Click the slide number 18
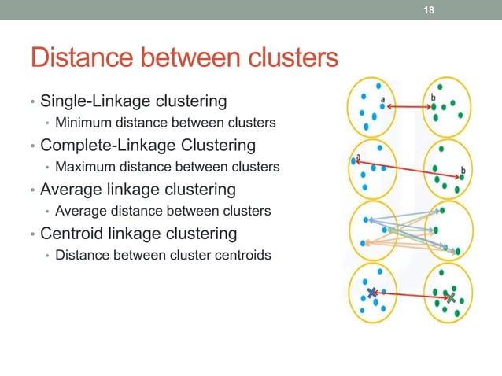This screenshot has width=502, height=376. tap(430, 9)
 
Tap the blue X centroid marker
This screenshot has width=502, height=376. tap(371, 293)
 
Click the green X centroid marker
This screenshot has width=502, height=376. tap(449, 298)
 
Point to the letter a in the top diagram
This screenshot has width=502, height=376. tap(382, 100)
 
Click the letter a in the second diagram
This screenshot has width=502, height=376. tap(359, 157)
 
